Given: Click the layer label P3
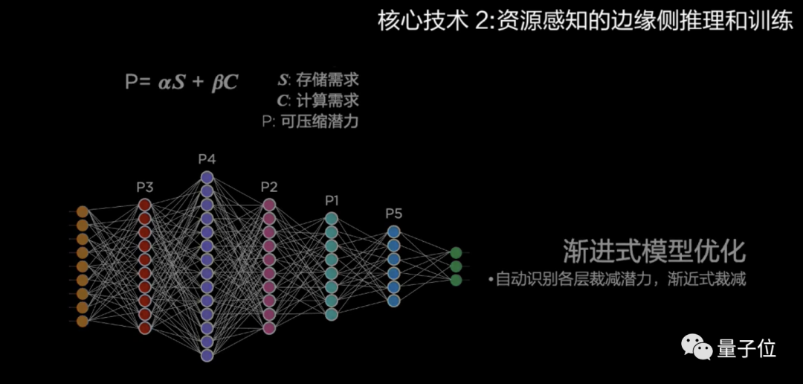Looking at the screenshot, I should [x=145, y=187].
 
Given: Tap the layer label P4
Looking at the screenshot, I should [x=207, y=159].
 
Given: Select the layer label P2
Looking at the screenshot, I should [x=269, y=187].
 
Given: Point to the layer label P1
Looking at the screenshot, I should [x=332, y=201].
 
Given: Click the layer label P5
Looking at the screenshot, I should [x=393, y=214].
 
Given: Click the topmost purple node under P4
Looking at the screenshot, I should [x=207, y=177].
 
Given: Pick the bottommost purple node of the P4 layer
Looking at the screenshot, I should [x=207, y=356].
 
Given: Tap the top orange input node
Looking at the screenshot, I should [x=83, y=211].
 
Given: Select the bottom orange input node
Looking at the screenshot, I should [x=83, y=321].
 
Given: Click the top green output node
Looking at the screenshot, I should [x=456, y=253].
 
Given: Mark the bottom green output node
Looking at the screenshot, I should [x=456, y=280].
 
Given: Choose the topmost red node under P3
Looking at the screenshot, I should [x=145, y=205].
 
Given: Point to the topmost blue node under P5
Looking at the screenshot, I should [x=393, y=231].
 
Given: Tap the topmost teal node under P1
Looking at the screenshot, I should [x=332, y=218].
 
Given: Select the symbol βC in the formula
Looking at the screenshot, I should [x=224, y=83].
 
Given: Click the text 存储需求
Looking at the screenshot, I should [x=328, y=80].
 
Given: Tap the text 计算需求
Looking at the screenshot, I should [x=328, y=100].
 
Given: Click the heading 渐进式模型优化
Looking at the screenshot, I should [x=654, y=251].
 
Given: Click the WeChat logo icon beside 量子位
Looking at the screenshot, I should [x=697, y=347].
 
